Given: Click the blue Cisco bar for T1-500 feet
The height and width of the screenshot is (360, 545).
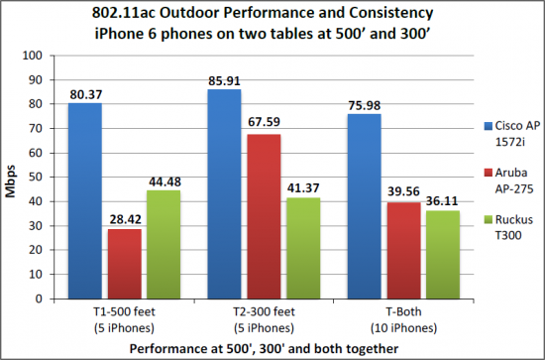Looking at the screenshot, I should tap(85, 200).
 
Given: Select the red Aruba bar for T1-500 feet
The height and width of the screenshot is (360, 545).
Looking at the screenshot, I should tap(124, 263).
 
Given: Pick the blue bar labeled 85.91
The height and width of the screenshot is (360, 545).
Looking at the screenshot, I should tap(224, 193).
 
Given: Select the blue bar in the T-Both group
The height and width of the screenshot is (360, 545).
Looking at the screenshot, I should tap(363, 205).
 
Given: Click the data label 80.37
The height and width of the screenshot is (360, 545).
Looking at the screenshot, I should tap(86, 95).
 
